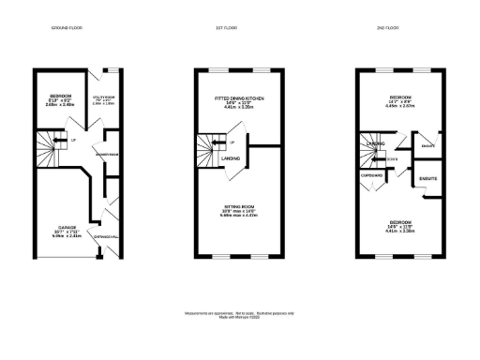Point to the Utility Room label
[102, 96]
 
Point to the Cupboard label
[372, 174]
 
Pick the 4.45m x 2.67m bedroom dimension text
[400, 106]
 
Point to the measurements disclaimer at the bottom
[239, 312]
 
